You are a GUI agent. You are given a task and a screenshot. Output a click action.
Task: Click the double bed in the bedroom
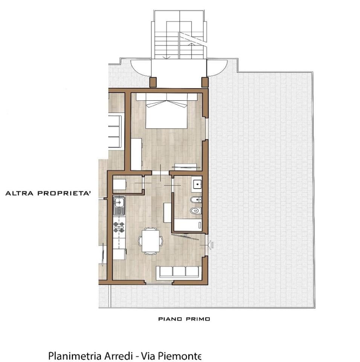[x=166, y=111]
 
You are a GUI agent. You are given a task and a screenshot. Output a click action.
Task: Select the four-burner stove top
[x=119, y=227]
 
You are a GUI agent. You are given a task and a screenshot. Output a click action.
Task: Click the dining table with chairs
[x=151, y=241]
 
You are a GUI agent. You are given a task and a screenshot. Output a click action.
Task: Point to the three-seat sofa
[x=179, y=272]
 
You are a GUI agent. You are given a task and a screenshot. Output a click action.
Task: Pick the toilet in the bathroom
[x=196, y=210]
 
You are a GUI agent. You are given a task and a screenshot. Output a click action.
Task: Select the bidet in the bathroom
[x=196, y=199]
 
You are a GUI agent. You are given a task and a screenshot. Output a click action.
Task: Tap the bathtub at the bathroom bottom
[x=188, y=225]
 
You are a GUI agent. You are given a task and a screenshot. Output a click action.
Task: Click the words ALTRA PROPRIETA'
[x=48, y=193]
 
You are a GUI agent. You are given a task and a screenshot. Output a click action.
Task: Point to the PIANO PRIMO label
[x=184, y=319]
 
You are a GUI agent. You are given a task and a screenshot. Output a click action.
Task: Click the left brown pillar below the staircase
[x=153, y=82]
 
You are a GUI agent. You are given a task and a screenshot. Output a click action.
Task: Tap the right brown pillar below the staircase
[x=205, y=82]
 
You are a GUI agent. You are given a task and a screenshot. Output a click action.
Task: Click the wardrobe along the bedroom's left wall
[x=136, y=154]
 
